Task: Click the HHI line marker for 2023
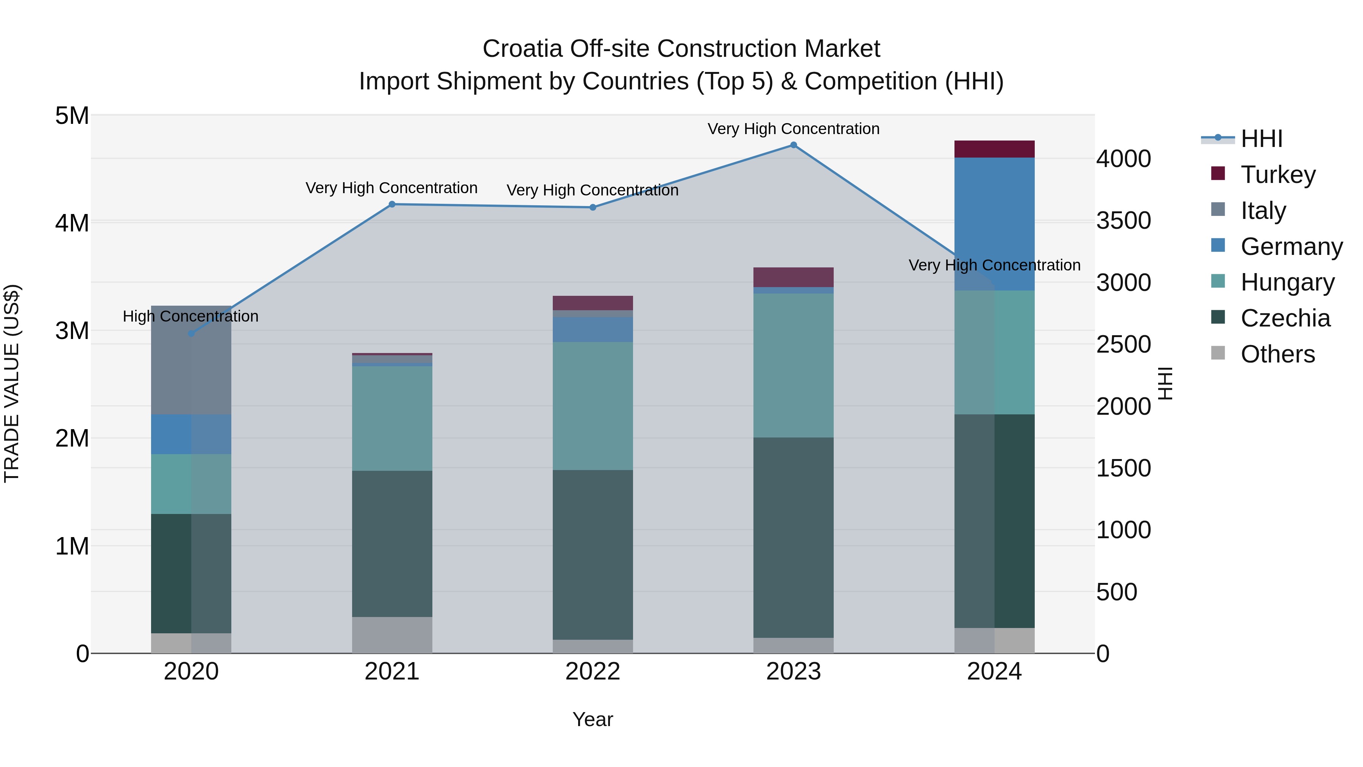[793, 145]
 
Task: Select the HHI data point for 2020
[192, 333]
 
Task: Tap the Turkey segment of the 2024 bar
[994, 149]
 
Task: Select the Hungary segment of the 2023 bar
[793, 365]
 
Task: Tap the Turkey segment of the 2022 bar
[593, 303]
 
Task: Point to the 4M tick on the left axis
[72, 223]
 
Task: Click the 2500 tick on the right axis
[1123, 345]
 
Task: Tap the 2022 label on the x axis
[593, 672]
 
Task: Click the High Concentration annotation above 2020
[190, 317]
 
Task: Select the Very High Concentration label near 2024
[994, 265]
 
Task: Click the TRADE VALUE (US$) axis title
[12, 383]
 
